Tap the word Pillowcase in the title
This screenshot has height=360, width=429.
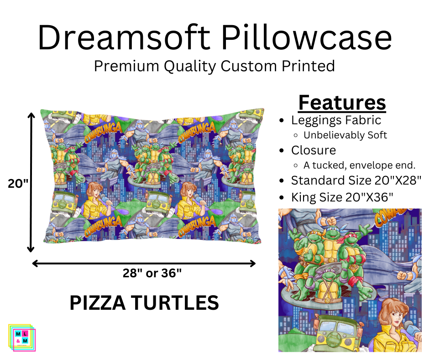pos(307,37)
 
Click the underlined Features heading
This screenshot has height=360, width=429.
pos(342,103)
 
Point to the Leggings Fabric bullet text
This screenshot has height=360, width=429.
pos(336,120)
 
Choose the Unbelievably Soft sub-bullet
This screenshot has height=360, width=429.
pos(345,135)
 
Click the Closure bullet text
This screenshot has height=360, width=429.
pos(314,150)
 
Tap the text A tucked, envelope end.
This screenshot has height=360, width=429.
pos(359,165)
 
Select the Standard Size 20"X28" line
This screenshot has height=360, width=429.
pos(356,180)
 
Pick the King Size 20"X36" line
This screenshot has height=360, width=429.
pos(342,197)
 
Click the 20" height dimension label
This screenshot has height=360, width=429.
pos(18,183)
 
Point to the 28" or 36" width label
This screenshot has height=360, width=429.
pos(152,273)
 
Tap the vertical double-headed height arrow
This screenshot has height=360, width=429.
pos(31,182)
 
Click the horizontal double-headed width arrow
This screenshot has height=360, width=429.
pos(144,264)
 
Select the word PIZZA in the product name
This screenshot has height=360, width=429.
pos(98,303)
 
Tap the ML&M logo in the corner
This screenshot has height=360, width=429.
pos(22,338)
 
